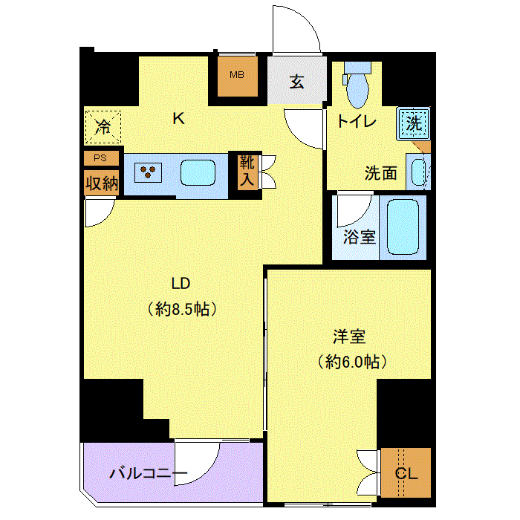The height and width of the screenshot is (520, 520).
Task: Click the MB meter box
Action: (238, 76)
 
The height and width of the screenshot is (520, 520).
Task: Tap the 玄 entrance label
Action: (296, 82)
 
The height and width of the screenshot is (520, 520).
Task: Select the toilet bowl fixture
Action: (357, 85)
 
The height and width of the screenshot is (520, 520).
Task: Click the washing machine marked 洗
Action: (414, 124)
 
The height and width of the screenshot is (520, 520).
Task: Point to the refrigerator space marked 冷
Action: (103, 127)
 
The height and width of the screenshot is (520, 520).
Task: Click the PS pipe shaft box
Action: (101, 157)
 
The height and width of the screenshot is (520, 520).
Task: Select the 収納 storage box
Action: (101, 183)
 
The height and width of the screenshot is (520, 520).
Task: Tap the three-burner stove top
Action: (148, 172)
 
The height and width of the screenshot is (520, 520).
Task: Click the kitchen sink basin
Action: (198, 172)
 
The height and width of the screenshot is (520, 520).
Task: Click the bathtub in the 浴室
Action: (403, 227)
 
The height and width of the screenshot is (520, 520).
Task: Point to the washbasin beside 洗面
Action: (418, 172)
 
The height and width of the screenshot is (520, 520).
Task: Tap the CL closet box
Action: (406, 472)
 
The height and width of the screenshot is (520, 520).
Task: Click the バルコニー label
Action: (149, 473)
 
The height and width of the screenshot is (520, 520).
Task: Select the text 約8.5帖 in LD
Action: (182, 309)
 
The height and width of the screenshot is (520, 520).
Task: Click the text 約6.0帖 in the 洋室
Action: (352, 362)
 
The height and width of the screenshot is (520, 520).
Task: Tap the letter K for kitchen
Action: (179, 118)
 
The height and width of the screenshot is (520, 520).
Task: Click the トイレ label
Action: (357, 122)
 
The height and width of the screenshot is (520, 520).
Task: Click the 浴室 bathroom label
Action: (359, 238)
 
